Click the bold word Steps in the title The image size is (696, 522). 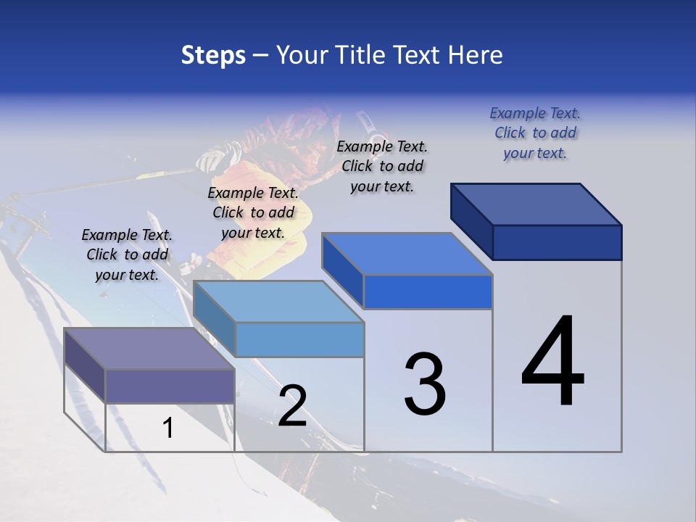click(213, 55)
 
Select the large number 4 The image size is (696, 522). click(552, 362)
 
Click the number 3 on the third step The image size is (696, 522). click(425, 384)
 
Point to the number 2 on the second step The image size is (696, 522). click(292, 406)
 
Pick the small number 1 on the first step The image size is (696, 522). click(168, 428)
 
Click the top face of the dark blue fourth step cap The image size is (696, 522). click(536, 204)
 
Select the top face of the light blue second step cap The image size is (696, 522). click(278, 302)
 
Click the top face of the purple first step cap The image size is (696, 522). click(149, 349)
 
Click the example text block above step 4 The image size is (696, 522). click(535, 133)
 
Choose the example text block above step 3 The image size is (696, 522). click(382, 166)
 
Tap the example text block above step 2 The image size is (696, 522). click(253, 212)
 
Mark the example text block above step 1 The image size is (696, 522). click(127, 254)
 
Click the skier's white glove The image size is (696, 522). click(213, 159)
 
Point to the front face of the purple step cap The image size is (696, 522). click(170, 386)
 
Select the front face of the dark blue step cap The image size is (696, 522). click(557, 242)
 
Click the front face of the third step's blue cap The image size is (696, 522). click(428, 292)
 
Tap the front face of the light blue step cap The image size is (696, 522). click(299, 339)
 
